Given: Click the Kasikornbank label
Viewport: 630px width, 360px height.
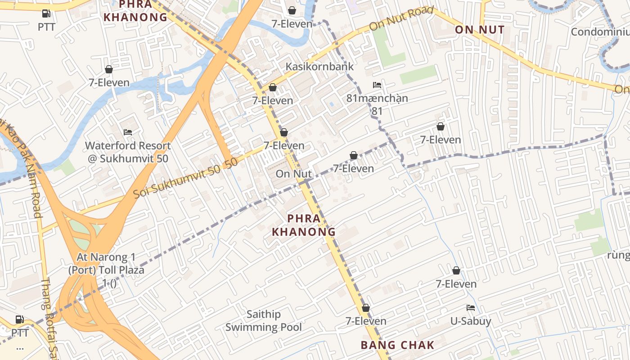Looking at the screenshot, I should (320, 67).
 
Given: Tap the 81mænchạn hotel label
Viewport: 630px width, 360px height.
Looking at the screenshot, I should (377, 98).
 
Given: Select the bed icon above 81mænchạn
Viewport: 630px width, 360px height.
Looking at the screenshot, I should (377, 85).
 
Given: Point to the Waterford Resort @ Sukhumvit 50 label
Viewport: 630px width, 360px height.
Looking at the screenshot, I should (128, 152).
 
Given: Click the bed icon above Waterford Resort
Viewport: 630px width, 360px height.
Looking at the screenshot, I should (128, 132).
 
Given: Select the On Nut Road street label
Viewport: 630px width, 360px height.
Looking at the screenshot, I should (401, 19).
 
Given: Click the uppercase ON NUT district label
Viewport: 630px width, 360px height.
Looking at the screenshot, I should (479, 30).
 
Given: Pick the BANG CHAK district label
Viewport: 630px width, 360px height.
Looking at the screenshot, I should (398, 345).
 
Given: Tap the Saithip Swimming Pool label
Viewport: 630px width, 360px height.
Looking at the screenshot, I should (264, 321).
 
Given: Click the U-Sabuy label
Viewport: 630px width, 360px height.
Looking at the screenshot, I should (471, 321).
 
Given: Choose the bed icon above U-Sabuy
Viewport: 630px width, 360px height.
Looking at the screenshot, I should (471, 308).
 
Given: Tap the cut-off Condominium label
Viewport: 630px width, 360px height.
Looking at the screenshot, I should (600, 32).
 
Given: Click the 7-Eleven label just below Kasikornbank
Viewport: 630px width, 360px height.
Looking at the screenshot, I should (273, 100).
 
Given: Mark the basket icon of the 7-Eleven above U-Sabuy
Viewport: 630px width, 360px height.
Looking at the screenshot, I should (456, 270).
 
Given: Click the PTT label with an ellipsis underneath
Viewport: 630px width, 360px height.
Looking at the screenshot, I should (20, 333).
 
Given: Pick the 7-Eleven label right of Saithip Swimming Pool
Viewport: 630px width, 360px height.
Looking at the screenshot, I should (366, 321).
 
